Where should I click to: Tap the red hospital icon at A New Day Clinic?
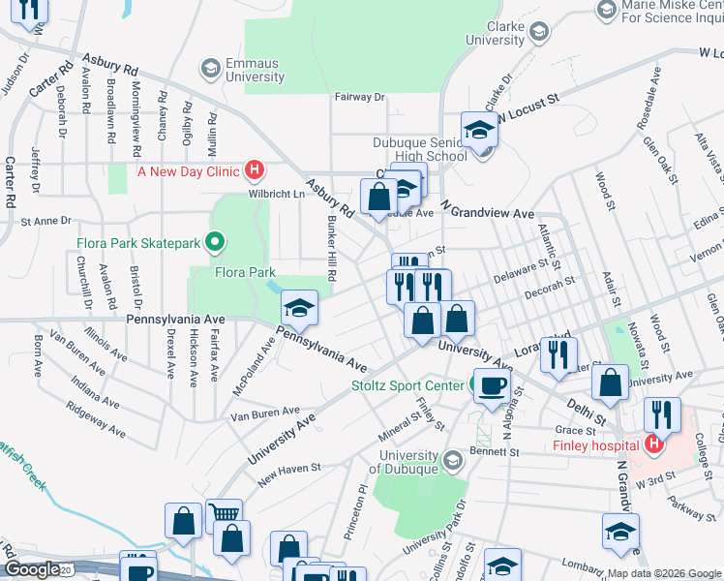(255, 171)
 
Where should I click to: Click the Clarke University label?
(495, 33)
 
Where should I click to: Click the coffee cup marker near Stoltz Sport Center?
(490, 386)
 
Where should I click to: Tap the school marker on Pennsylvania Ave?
(300, 310)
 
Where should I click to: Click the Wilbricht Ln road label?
(278, 194)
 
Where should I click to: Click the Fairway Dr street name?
(359, 97)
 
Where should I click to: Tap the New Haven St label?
(288, 469)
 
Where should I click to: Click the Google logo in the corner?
(32, 569)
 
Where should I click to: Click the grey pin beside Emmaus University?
(209, 69)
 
